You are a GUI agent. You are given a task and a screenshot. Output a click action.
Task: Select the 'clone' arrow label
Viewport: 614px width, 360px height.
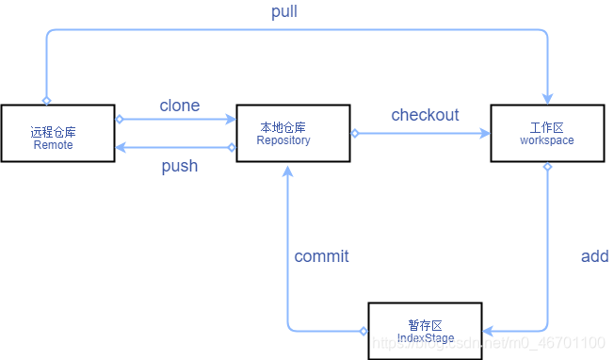179,106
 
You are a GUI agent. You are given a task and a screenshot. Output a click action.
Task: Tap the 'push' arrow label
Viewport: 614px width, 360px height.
179,166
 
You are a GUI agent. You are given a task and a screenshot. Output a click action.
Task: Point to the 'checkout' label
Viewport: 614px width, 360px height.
425,115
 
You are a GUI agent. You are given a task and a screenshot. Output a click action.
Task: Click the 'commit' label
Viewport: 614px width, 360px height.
321,256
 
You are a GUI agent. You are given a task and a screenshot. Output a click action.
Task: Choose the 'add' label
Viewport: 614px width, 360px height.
594,256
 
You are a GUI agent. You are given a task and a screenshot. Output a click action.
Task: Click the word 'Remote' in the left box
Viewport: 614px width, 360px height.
53,146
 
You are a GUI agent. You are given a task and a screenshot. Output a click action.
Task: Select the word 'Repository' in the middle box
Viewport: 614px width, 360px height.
283,140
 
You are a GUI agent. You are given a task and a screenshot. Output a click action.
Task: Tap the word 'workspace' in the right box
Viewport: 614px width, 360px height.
546,140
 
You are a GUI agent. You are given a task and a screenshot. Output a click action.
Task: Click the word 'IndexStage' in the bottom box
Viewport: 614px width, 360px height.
425,338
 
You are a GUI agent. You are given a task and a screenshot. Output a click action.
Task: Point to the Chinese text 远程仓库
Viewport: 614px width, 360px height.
53,133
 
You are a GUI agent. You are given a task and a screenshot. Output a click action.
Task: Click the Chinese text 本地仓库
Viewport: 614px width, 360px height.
283,127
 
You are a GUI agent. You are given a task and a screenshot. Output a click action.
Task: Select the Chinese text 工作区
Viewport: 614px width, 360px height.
546,127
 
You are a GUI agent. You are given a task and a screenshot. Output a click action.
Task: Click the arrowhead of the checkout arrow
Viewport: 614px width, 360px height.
485,134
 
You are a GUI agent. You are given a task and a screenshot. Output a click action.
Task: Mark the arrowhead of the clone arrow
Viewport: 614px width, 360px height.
230,120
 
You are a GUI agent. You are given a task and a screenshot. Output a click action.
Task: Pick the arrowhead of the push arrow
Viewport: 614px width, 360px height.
121,147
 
